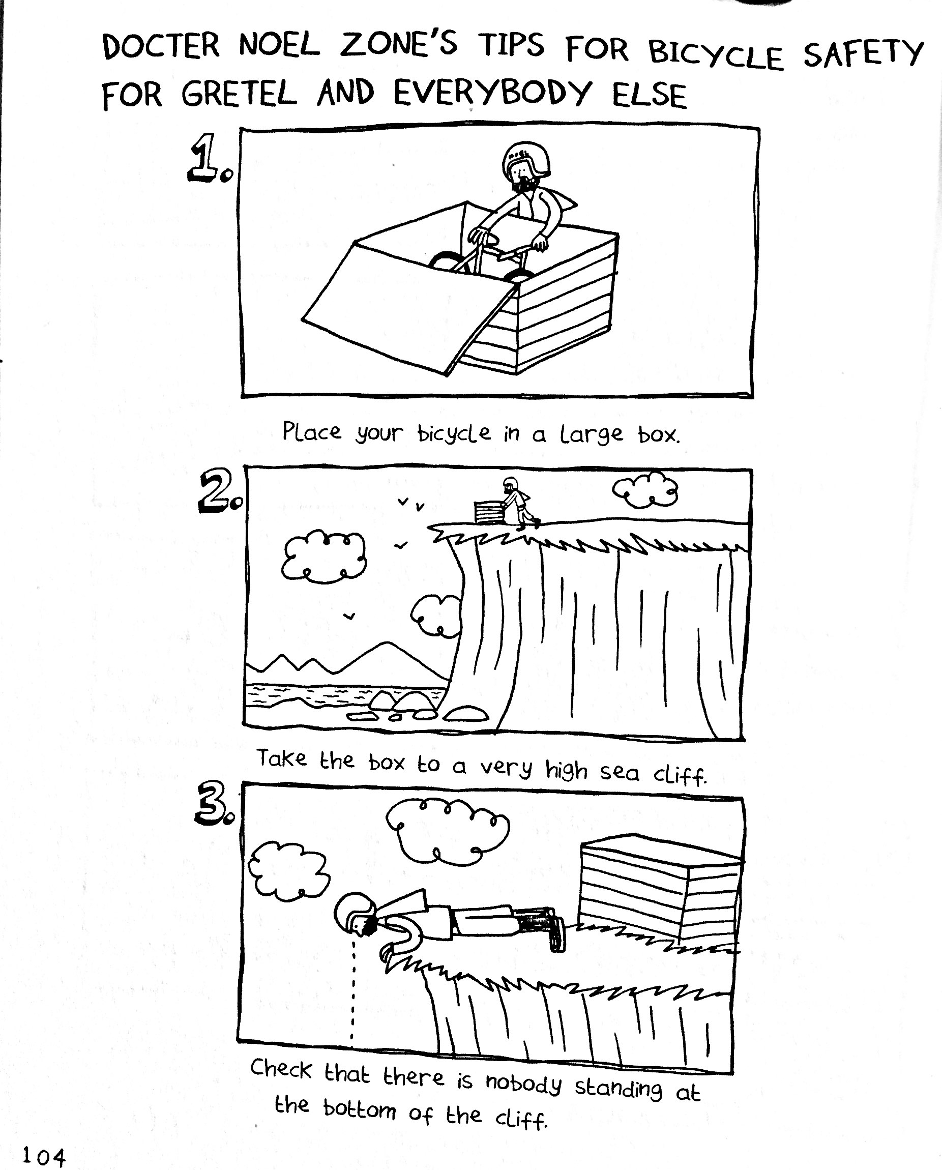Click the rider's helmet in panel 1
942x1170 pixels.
click(x=526, y=161)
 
